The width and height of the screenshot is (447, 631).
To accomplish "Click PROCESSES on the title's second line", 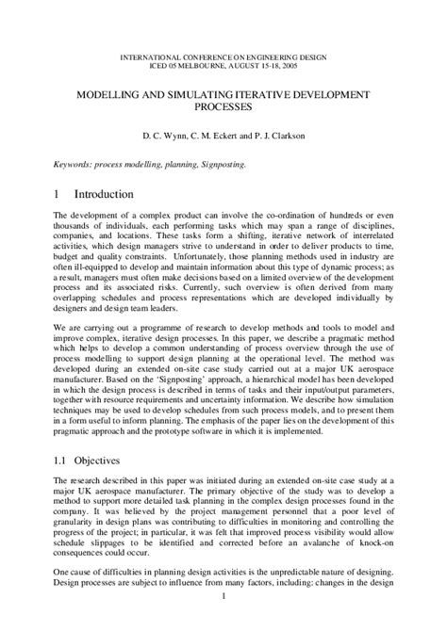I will point(223,109).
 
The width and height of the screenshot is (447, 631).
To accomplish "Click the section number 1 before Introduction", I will point(58,194).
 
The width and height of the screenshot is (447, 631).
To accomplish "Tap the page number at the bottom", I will point(223,623).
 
